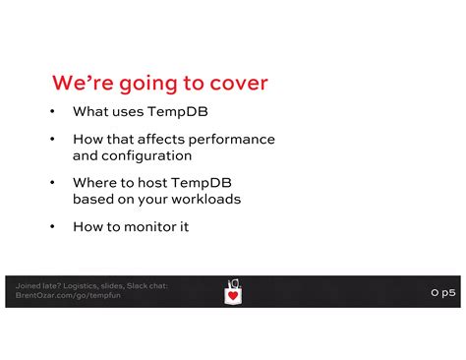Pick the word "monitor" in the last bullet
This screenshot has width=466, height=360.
pyautogui.click(x=150, y=226)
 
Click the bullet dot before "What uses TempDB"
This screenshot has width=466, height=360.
pyautogui.click(x=51, y=112)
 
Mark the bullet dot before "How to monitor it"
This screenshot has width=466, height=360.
pyautogui.click(x=51, y=226)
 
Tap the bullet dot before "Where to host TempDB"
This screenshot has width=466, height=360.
pyautogui.click(x=51, y=183)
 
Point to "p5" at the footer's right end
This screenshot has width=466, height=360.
pyautogui.click(x=448, y=292)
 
